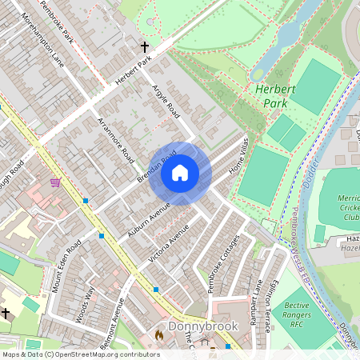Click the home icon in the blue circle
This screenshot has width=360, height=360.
point(180,173)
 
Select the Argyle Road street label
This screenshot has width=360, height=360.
point(166,100)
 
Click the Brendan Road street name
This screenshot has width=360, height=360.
point(156,169)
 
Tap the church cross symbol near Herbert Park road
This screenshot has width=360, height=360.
point(145,47)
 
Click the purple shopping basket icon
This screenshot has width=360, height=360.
point(54,183)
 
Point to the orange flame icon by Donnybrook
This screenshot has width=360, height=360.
point(158,334)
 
